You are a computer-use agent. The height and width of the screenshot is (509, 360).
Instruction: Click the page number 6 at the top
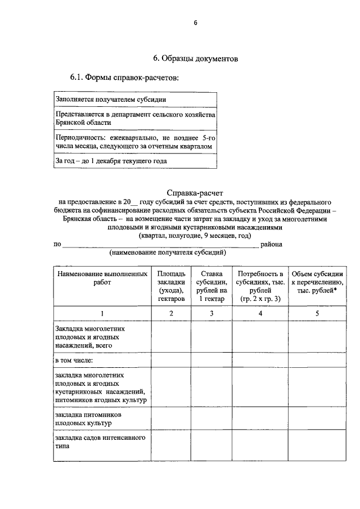[x=195, y=22]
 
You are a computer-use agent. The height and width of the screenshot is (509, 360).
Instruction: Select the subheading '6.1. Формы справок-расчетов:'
[x=124, y=77]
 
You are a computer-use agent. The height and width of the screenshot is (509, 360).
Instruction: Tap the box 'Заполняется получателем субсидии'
[x=135, y=100]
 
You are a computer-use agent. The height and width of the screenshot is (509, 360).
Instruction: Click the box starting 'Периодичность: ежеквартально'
[x=135, y=141]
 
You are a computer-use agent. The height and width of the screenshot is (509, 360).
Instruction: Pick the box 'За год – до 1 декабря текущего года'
[x=135, y=161]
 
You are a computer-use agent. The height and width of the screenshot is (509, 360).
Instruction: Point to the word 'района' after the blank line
[x=276, y=244]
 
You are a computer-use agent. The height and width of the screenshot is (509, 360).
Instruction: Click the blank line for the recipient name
[x=160, y=245]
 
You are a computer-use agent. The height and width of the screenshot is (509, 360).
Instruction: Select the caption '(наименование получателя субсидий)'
[x=168, y=253]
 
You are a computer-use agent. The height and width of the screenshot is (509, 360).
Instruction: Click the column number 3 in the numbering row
[x=211, y=313]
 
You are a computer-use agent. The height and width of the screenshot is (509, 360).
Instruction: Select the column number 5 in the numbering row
[x=317, y=313]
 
